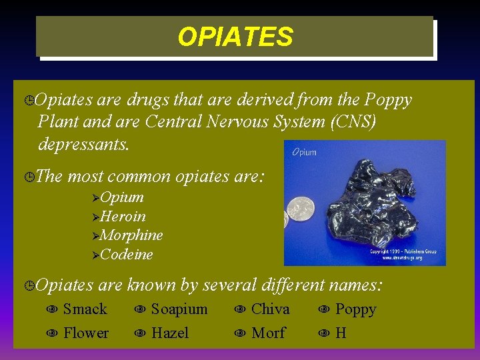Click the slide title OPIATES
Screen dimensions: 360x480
[235, 37]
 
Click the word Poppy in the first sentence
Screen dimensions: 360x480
[388, 100]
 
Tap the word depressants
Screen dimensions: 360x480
[84, 144]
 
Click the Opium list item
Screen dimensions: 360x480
[122, 197]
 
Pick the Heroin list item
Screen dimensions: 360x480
[123, 217]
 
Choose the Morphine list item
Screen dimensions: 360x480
[131, 235]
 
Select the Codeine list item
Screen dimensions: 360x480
[127, 255]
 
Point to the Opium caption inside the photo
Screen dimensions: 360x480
[303, 152]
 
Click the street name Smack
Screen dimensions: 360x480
[85, 309]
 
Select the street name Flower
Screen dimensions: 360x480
[85, 333]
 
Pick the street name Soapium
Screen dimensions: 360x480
[179, 309]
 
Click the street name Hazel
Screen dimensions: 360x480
[169, 333]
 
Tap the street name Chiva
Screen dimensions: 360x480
[270, 309]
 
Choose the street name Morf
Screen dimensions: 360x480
[268, 333]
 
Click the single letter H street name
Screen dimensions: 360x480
[341, 333]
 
